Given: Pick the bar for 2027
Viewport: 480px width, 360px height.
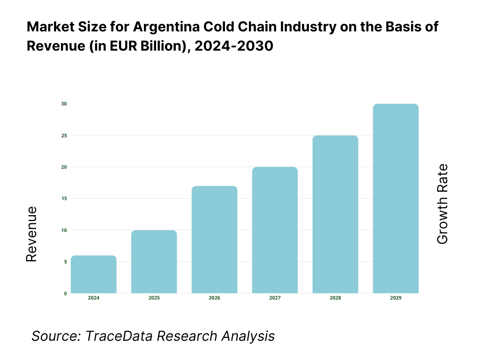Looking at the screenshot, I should click(275, 230).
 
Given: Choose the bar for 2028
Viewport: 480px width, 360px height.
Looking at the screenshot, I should click(335, 214).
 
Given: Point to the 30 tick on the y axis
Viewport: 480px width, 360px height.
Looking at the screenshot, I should click(64, 104).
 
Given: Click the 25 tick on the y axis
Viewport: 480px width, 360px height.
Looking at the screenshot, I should click(64, 135).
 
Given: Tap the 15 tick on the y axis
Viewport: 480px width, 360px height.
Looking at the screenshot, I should click(64, 198).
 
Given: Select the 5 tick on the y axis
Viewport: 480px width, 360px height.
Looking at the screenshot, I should click(65, 262).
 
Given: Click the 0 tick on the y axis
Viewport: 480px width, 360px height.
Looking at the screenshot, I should click(65, 293).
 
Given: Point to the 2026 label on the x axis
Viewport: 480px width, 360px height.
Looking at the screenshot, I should click(215, 298).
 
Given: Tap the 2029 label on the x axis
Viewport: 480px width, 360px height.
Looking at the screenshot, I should click(396, 298).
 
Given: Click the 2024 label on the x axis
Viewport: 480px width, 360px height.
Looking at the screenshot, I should click(94, 298).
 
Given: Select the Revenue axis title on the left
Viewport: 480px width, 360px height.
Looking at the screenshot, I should click(31, 234).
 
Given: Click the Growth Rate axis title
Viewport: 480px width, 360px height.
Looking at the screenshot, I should click(442, 204).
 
